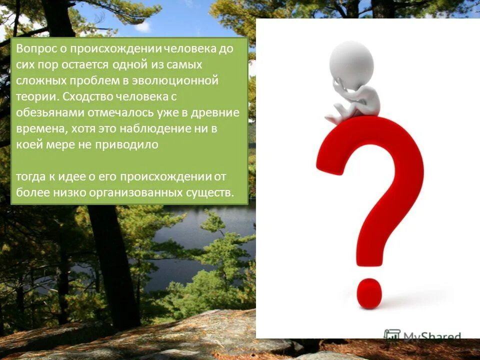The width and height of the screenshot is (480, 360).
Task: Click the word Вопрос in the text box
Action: [x=33, y=49]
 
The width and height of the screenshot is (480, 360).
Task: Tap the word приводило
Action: [x=131, y=144]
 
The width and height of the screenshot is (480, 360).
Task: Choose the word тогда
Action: [x=30, y=176]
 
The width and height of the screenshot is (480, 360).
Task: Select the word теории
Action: [x=32, y=96]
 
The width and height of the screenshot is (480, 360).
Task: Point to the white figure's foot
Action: [x=331, y=119]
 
